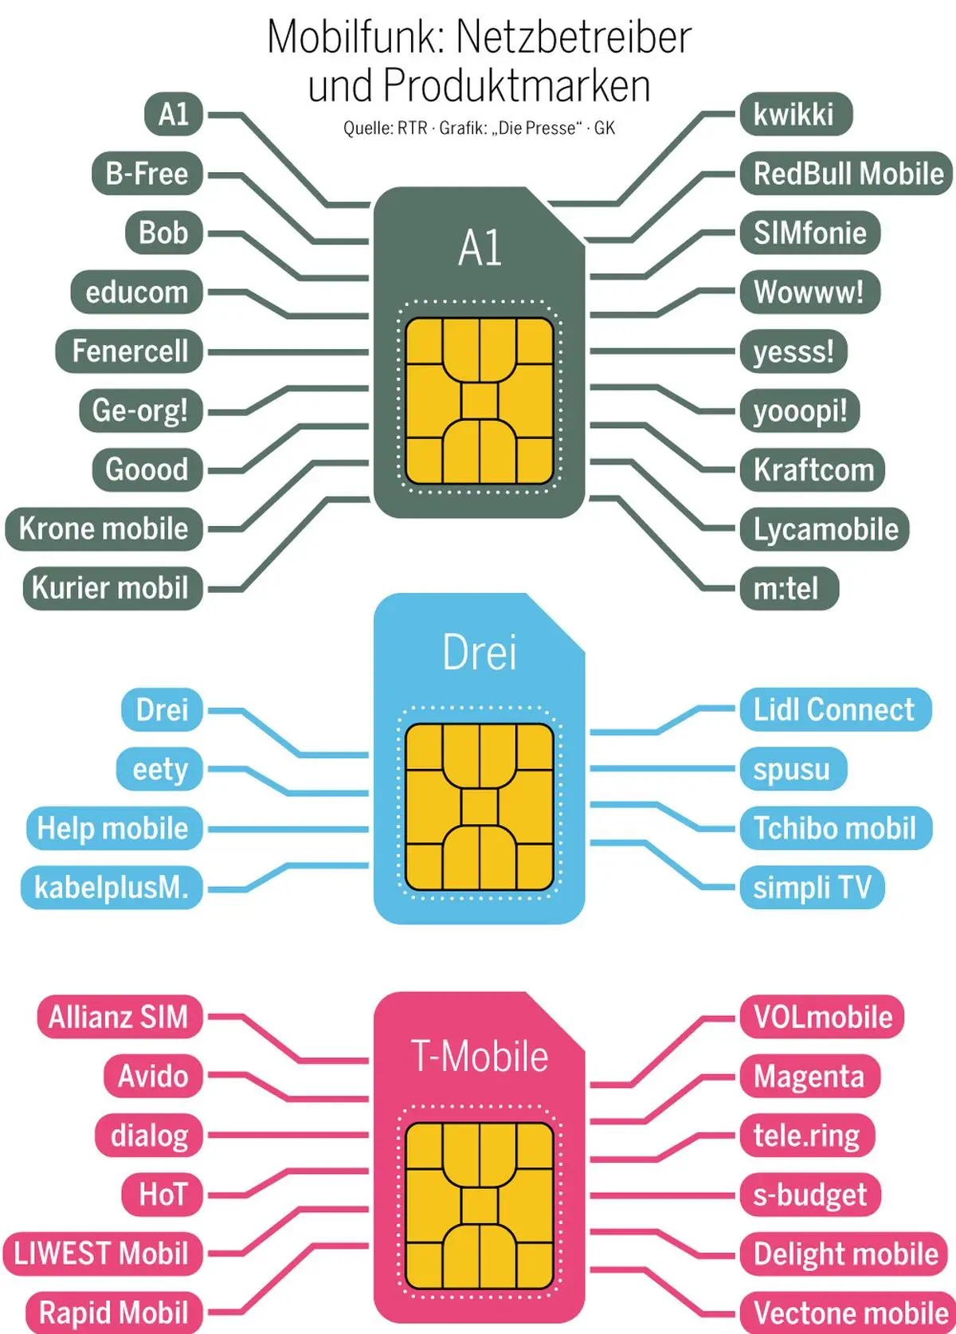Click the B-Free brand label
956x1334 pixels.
pyautogui.click(x=147, y=174)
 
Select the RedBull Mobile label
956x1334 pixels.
pyautogui.click(x=847, y=174)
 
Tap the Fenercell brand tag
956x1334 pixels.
pyautogui.click(x=130, y=351)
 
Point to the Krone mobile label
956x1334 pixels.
pyautogui.click(x=104, y=529)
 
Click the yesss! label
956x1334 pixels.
pyautogui.click(x=793, y=351)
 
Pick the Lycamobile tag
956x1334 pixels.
pyautogui.click(x=825, y=529)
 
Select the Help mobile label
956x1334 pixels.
pyautogui.click(x=113, y=829)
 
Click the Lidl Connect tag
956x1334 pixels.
pyautogui.click(x=834, y=710)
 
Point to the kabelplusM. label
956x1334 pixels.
pyautogui.click(x=112, y=888)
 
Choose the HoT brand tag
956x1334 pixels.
pyautogui.click(x=163, y=1195)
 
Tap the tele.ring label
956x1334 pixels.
pyautogui.click(x=807, y=1136)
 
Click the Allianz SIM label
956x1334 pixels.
pyautogui.click(x=119, y=1018)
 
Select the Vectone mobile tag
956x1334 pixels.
pyautogui.click(x=849, y=1312)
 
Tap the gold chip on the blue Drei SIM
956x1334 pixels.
pyautogui.click(x=480, y=806)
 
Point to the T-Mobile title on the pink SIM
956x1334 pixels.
pyautogui.click(x=480, y=1057)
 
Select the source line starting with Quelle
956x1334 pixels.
pyautogui.click(x=479, y=128)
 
